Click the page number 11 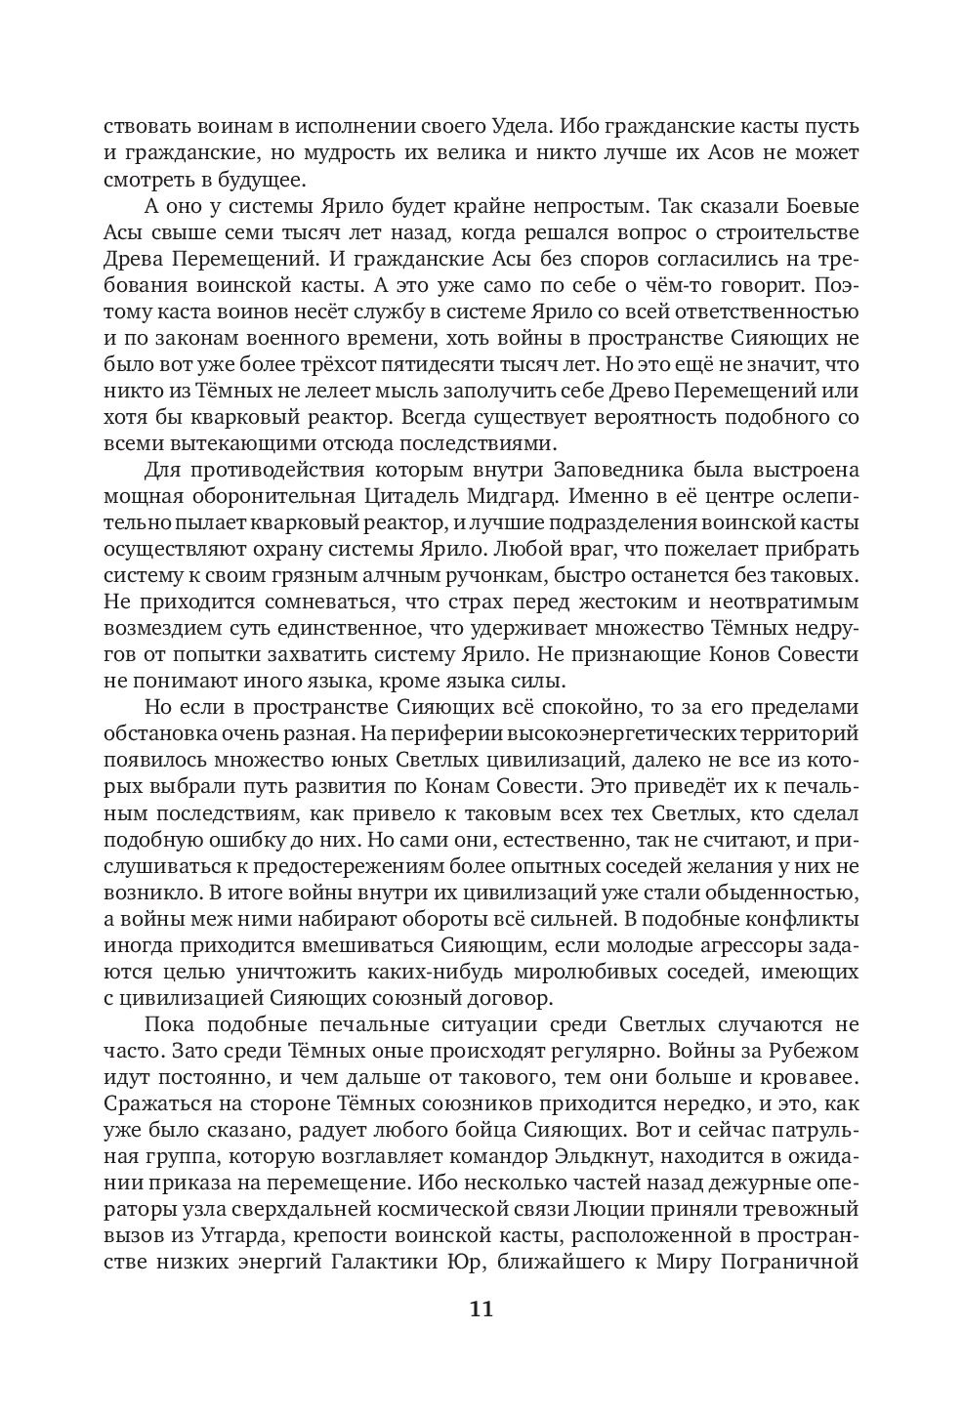pyautogui.click(x=481, y=1309)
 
